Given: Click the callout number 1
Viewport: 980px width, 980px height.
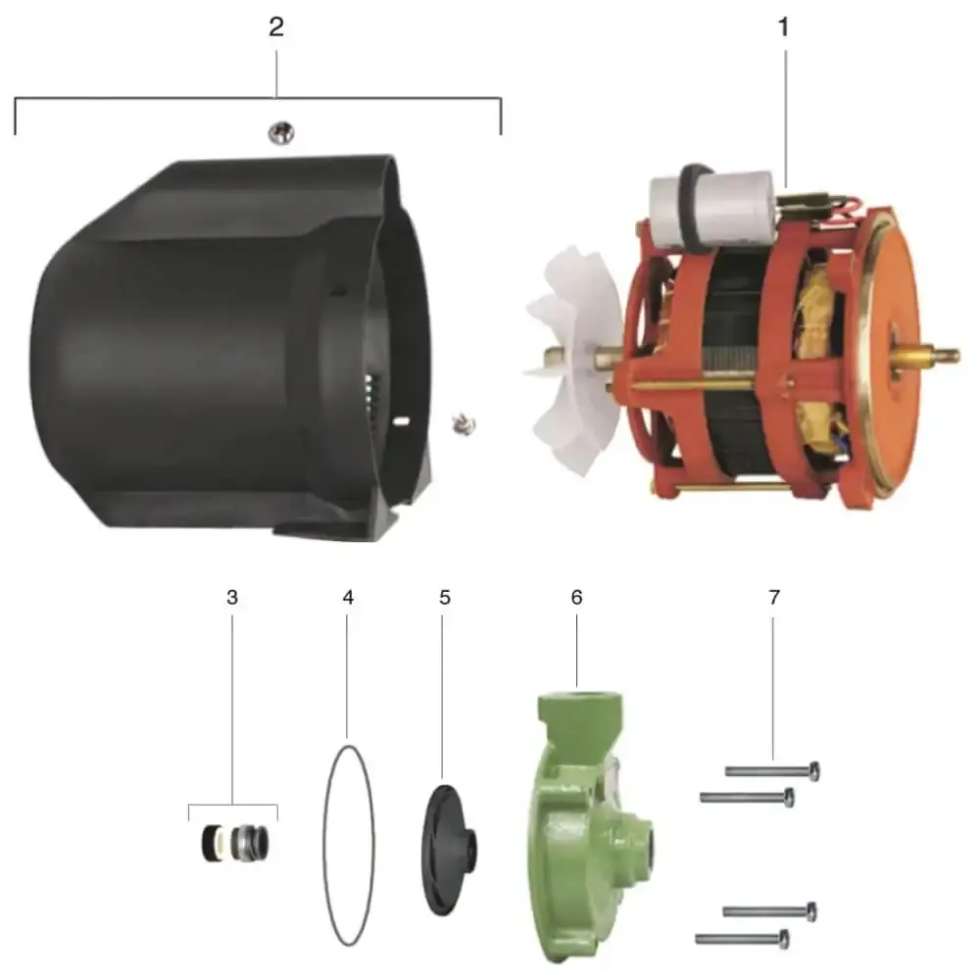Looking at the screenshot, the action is tap(784, 27).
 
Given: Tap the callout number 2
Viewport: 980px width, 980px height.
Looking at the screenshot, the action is tap(276, 27).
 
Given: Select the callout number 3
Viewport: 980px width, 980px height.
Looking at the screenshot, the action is tap(232, 598).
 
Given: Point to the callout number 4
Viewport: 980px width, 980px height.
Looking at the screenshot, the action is tap(348, 598).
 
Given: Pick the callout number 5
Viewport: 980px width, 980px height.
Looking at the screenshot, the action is tap(444, 598).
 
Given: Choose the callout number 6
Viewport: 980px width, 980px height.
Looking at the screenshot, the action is tap(576, 598).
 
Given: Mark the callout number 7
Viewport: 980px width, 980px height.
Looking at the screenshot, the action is tap(774, 598).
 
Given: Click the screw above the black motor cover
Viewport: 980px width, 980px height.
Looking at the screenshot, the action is tap(281, 132).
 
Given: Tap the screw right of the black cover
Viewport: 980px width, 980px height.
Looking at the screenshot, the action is tap(464, 425).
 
